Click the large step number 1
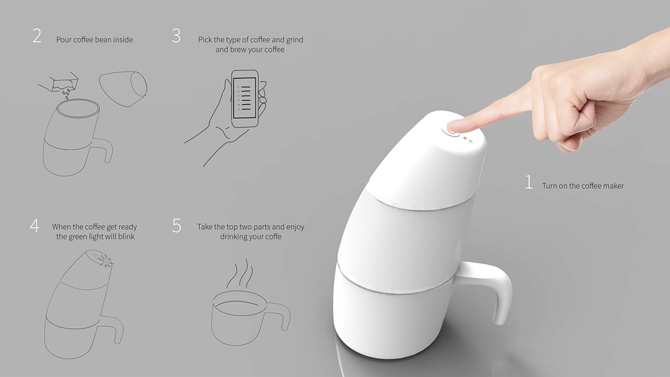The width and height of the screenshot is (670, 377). pyautogui.click(x=528, y=182)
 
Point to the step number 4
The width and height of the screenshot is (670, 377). pyautogui.click(x=35, y=226)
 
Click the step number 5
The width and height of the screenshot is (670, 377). pyautogui.click(x=177, y=226)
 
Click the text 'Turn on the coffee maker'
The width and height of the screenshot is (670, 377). pyautogui.click(x=582, y=185)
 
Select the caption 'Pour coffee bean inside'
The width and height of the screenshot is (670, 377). pyautogui.click(x=94, y=40)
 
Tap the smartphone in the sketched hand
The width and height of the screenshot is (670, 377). pyautogui.click(x=245, y=97)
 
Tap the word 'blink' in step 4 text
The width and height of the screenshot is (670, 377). pyautogui.click(x=126, y=237)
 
